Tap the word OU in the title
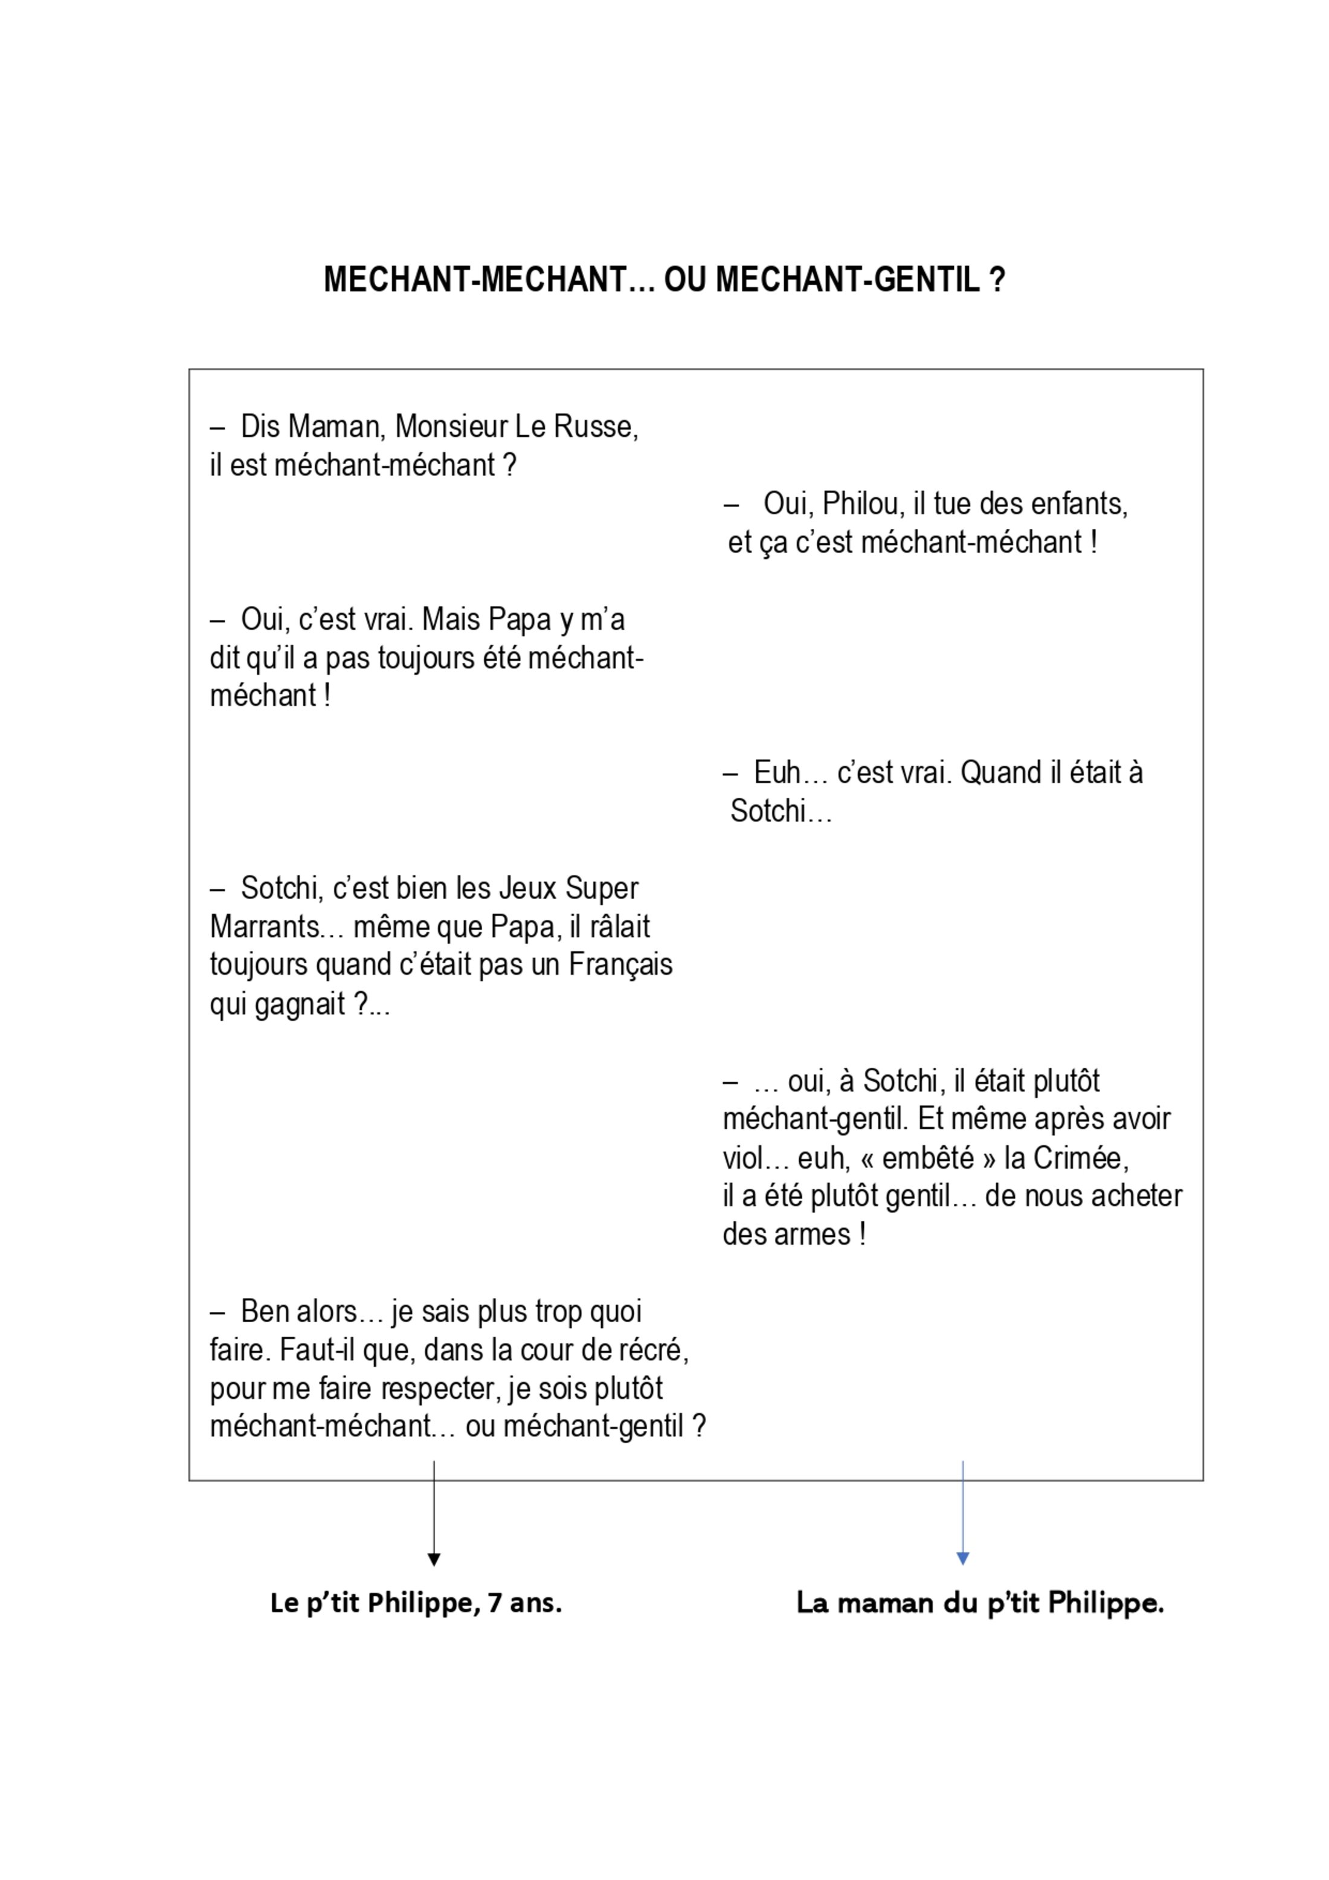click(685, 280)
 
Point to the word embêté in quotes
click(929, 1158)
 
